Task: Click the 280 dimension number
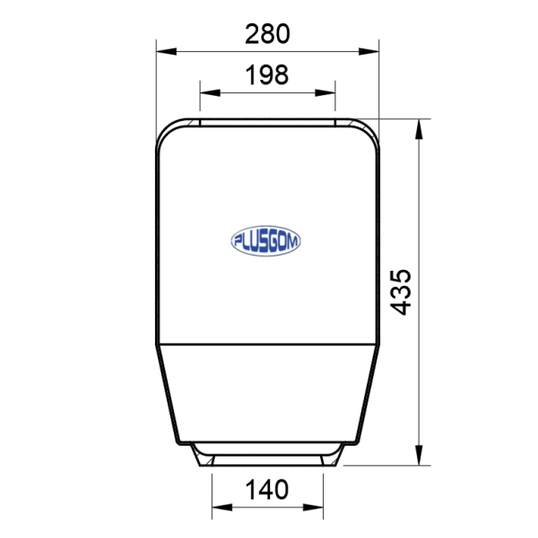pyautogui.click(x=267, y=34)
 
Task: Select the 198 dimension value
pyautogui.click(x=267, y=74)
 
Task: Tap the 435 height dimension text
pyautogui.click(x=401, y=292)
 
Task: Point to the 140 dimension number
pyautogui.click(x=267, y=490)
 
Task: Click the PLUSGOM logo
pyautogui.click(x=266, y=241)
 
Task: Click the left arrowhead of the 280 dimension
pyautogui.click(x=167, y=51)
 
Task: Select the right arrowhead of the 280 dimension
pyautogui.click(x=369, y=51)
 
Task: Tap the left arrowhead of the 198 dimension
pyautogui.click(x=210, y=92)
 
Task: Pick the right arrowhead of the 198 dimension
pyautogui.click(x=325, y=92)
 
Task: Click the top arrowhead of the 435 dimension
pyautogui.click(x=419, y=129)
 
